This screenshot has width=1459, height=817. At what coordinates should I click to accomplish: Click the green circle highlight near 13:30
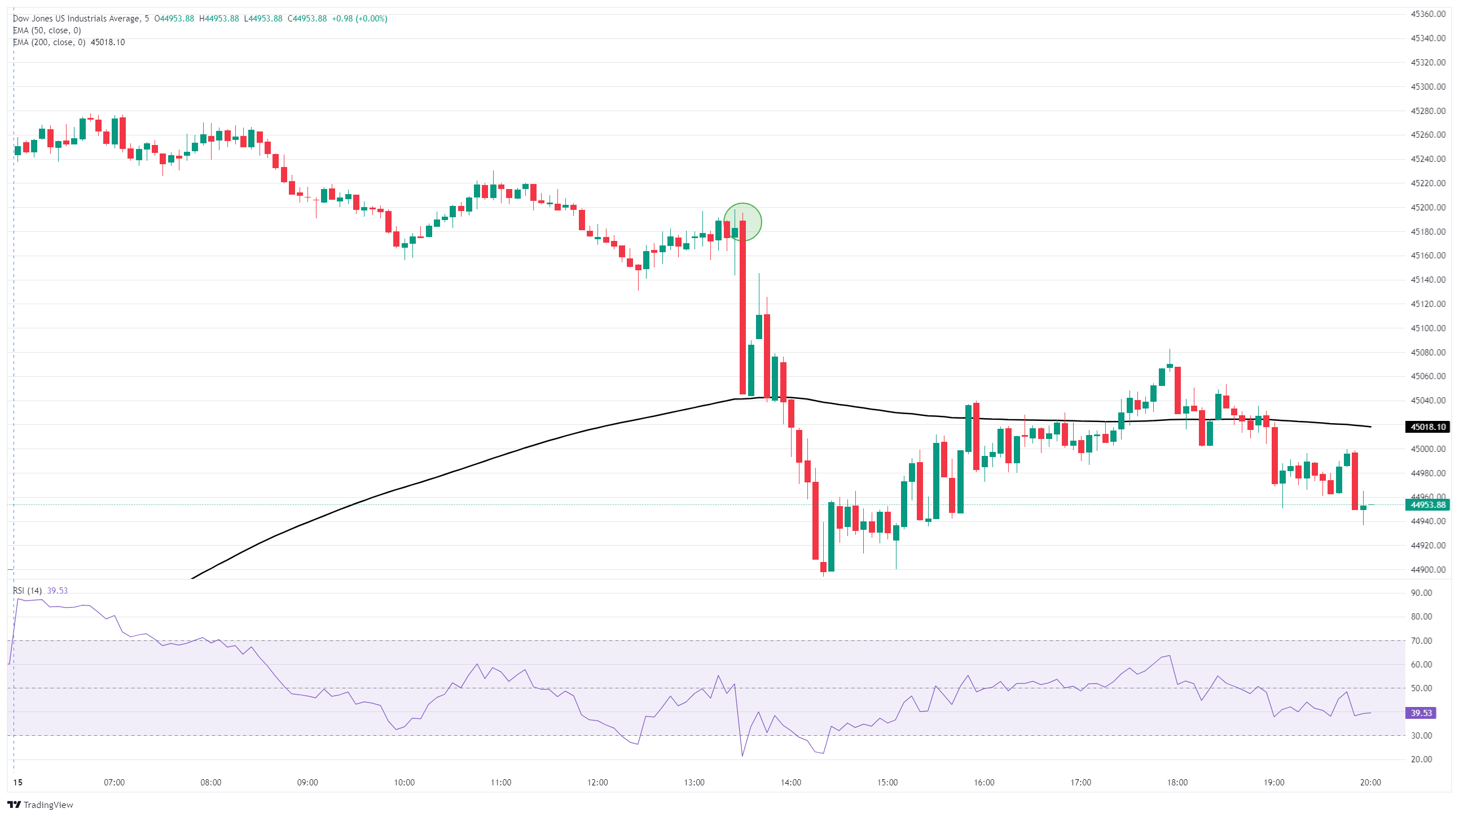(x=742, y=222)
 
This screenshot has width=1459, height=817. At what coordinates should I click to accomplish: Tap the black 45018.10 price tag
(x=1427, y=427)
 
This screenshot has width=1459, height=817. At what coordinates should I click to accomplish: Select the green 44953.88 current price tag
(x=1427, y=505)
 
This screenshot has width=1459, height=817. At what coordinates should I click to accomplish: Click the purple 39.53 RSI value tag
(x=1421, y=713)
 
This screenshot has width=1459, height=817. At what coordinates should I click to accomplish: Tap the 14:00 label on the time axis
(x=790, y=783)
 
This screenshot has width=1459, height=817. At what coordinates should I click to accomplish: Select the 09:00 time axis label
(x=307, y=783)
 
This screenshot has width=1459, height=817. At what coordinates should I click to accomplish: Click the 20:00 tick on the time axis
(x=1370, y=783)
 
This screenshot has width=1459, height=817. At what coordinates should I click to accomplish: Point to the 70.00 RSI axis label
(x=1421, y=641)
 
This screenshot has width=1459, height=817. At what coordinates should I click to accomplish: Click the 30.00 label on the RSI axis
(x=1421, y=735)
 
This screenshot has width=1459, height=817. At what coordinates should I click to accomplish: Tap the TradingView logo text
(x=48, y=805)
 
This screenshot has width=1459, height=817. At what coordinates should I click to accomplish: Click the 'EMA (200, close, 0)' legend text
(x=49, y=42)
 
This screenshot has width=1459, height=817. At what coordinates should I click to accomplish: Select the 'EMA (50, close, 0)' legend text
(x=47, y=30)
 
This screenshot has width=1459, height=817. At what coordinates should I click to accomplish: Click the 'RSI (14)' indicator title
(x=27, y=590)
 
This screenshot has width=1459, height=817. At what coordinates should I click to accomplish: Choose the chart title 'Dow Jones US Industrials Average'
(x=77, y=19)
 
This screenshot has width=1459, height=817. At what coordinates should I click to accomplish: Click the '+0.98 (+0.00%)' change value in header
(x=359, y=19)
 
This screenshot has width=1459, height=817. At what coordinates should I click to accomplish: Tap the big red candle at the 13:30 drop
(x=742, y=306)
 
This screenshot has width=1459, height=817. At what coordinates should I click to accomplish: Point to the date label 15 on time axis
(x=18, y=783)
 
